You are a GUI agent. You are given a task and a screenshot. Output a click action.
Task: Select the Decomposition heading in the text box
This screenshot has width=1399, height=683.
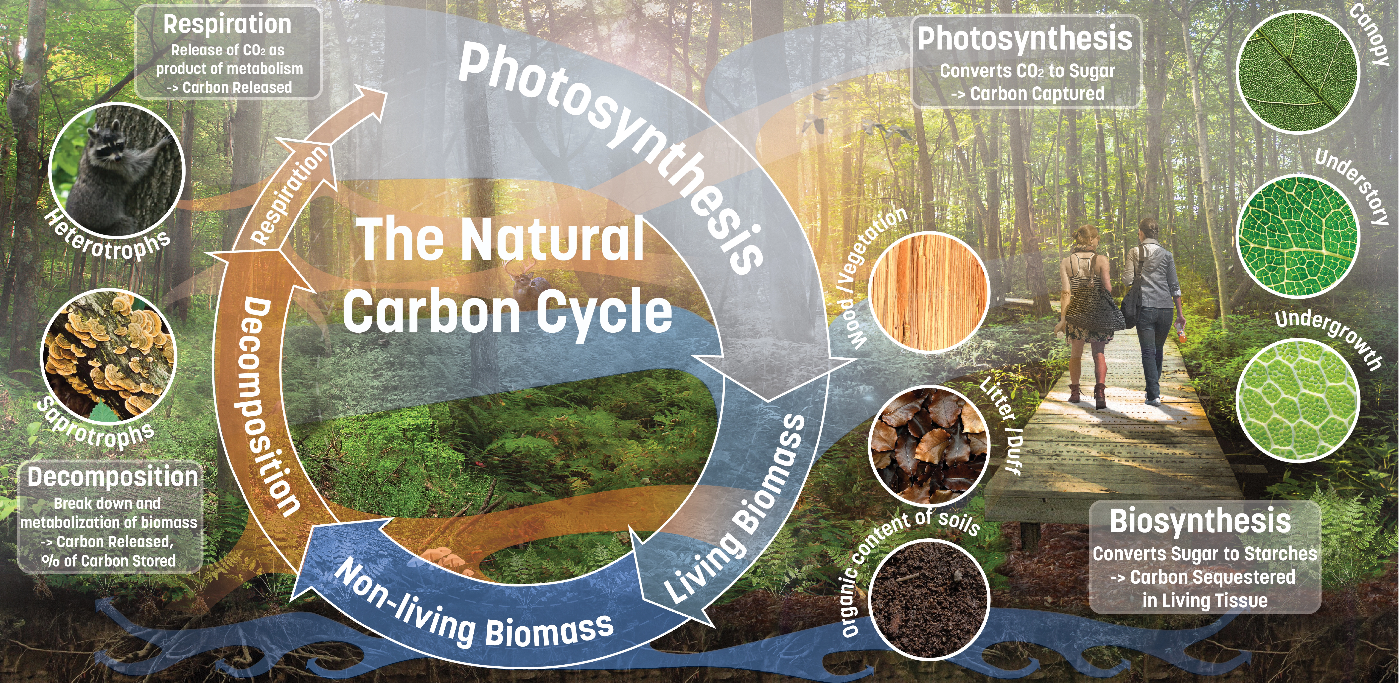click(112, 477)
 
